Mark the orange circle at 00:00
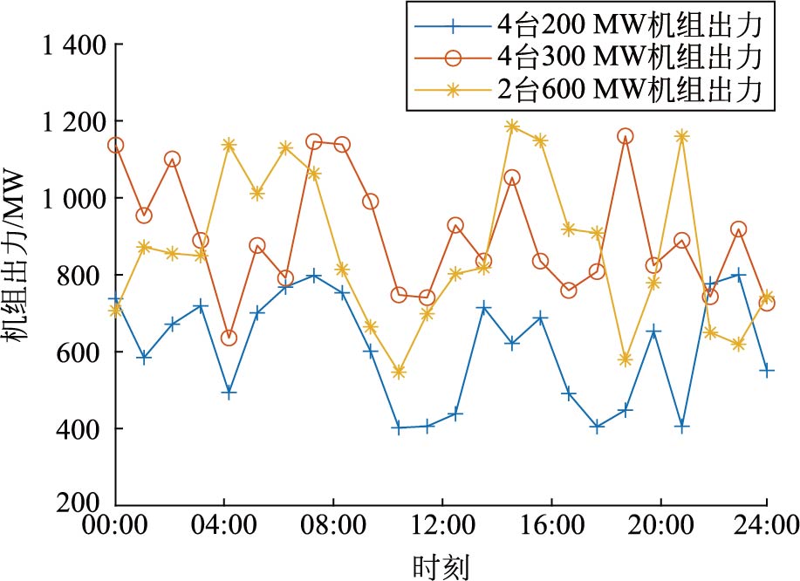tap(115, 145)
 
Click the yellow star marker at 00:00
tap(115, 310)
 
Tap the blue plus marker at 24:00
tap(767, 370)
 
